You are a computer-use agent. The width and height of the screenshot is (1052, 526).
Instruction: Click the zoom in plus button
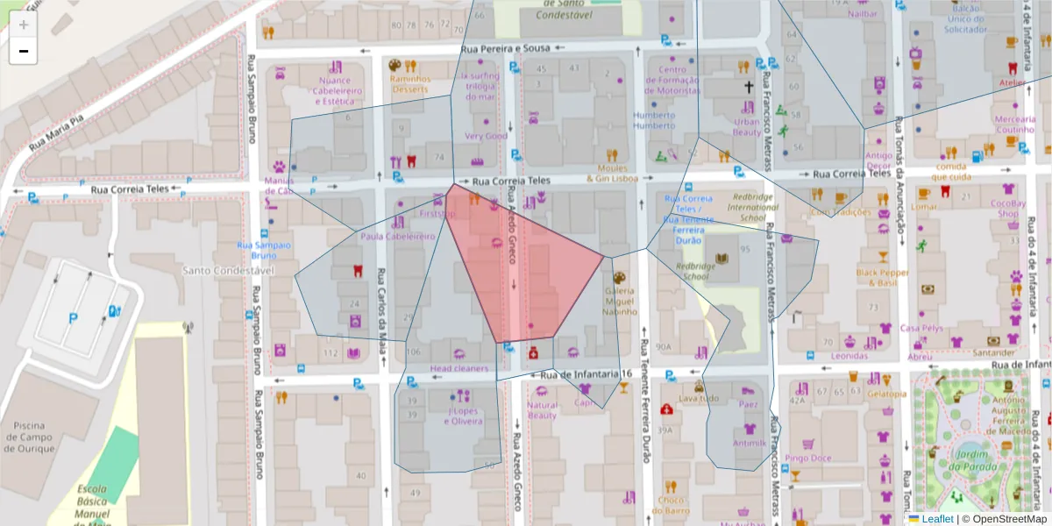[24, 24]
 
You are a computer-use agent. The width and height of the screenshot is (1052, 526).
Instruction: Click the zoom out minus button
[24, 51]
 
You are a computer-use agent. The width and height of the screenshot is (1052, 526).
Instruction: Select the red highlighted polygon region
[526, 272]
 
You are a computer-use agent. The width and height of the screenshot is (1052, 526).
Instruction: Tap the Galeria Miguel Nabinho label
[620, 301]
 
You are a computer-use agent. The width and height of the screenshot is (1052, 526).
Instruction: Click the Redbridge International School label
[740, 208]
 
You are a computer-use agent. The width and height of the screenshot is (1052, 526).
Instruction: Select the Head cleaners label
[458, 369]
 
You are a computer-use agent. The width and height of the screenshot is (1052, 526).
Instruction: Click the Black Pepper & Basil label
[883, 277]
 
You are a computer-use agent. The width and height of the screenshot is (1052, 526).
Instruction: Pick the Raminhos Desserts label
[410, 83]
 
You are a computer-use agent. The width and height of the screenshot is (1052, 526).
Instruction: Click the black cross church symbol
[749, 87]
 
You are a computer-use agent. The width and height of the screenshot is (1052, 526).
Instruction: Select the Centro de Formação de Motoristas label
[672, 80]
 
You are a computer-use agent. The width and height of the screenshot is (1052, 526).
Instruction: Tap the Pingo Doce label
[808, 458]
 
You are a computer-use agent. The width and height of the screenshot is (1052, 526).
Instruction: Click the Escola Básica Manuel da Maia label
[92, 505]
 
